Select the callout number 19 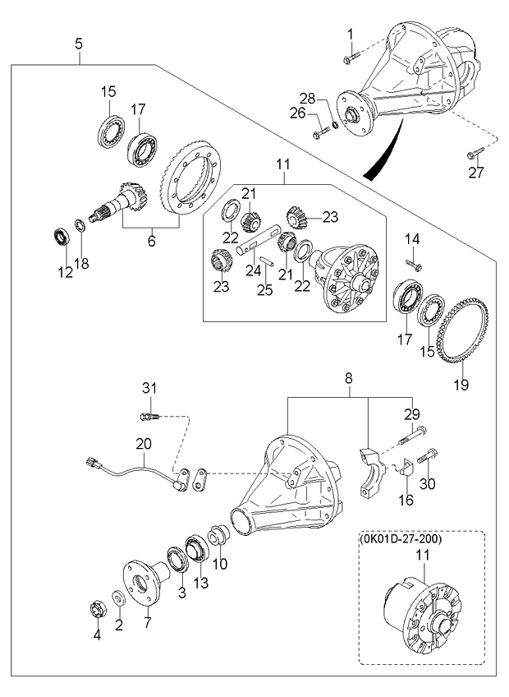click(461, 384)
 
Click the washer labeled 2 click(120, 597)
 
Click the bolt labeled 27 click(476, 154)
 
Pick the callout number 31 click(149, 389)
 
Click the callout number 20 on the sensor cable click(144, 443)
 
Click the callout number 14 click(413, 239)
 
